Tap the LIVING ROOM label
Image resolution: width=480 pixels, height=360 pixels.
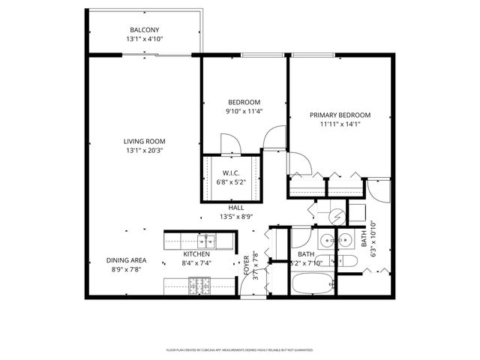pos(145,141)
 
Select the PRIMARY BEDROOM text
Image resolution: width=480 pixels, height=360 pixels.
pos(340,115)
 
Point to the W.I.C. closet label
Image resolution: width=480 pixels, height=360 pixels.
pos(230,173)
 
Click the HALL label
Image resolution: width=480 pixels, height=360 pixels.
pos(235,208)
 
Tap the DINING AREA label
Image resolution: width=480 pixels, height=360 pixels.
pos(126,260)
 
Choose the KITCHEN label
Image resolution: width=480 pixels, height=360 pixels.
pos(195,254)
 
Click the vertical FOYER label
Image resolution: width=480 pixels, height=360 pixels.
pos(246,266)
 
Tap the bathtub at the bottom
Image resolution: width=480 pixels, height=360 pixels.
pos(313,285)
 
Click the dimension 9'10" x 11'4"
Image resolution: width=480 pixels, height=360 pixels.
pos(244,112)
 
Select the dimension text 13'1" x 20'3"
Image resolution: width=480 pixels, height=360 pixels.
pos(145,151)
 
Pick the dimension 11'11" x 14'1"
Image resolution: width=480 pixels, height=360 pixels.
pos(340,125)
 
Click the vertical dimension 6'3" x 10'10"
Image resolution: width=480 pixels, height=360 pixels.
pos(373,238)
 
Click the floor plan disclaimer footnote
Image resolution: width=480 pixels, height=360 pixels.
pos(239,349)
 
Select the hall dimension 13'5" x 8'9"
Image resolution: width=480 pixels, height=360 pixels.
pos(235,217)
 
